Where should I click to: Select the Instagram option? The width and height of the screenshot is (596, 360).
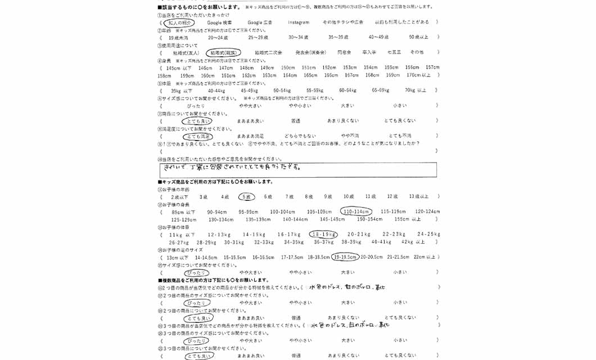click(299, 22)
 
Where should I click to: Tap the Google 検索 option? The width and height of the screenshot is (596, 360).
click(219, 22)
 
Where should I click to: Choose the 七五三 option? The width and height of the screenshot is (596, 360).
click(394, 52)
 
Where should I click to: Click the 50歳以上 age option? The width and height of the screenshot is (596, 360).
click(419, 38)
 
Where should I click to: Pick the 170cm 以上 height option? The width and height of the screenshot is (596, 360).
click(419, 75)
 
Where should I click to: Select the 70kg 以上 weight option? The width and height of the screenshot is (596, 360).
click(416, 91)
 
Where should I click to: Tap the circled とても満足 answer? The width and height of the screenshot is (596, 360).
click(197, 136)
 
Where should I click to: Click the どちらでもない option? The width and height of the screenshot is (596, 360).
click(300, 136)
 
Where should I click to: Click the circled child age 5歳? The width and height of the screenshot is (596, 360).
click(246, 197)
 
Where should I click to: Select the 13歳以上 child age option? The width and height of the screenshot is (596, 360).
click(419, 197)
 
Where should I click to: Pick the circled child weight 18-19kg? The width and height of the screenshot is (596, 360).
click(323, 235)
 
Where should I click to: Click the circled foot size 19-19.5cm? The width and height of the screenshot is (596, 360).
click(345, 257)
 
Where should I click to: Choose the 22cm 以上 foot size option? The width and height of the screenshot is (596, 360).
click(425, 257)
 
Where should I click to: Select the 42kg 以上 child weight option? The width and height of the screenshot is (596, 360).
click(413, 242)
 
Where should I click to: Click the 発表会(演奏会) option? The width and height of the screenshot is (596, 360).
click(310, 52)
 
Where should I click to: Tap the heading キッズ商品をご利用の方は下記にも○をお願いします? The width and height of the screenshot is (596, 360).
click(216, 182)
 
